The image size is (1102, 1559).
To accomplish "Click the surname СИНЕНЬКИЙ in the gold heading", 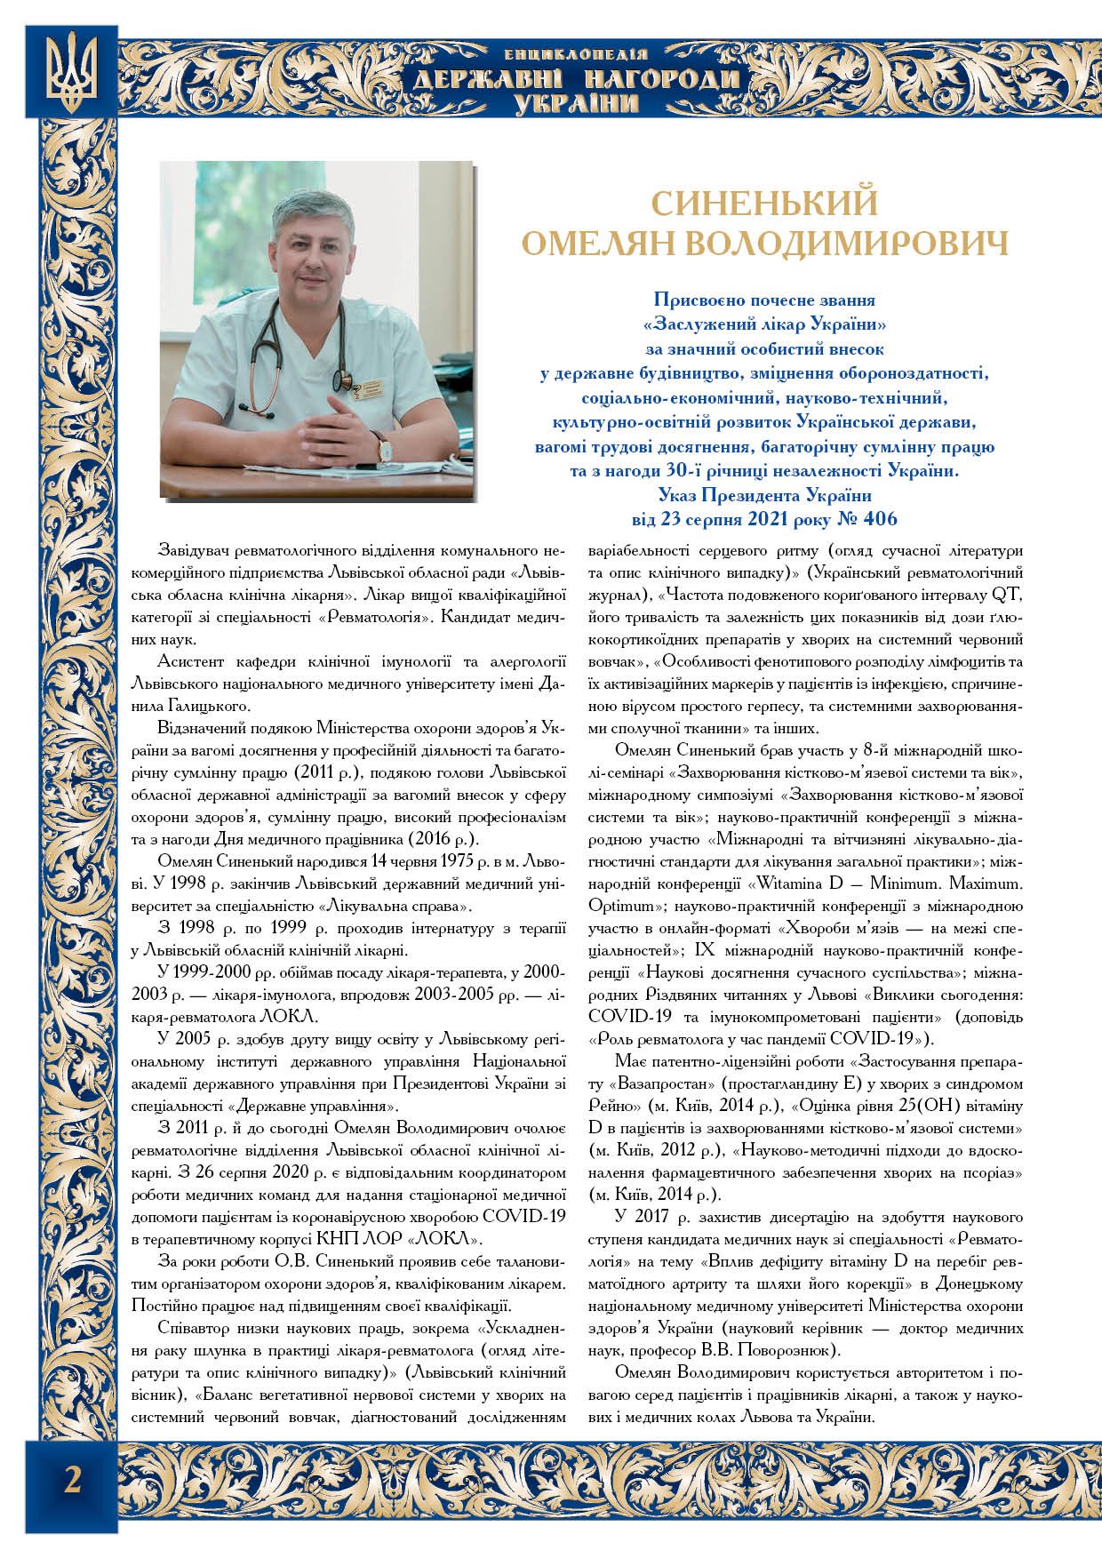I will [x=765, y=204].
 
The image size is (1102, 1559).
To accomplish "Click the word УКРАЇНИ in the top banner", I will [x=577, y=105].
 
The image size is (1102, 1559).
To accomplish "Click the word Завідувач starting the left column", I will [x=192, y=546].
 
